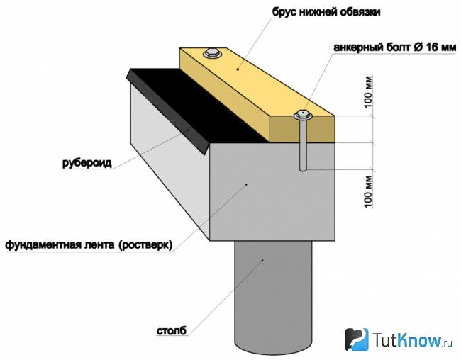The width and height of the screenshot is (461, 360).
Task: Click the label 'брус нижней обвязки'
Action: coord(326,12)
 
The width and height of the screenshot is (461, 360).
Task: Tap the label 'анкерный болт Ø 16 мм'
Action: coord(394,47)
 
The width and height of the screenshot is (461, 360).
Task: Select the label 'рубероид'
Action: coord(87,163)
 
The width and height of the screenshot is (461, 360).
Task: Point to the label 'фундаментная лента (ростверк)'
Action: coord(89,245)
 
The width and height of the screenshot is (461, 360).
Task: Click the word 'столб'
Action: coord(172,331)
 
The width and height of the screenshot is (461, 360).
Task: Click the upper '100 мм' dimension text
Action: coord(368,91)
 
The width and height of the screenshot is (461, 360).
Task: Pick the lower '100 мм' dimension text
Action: coord(368,191)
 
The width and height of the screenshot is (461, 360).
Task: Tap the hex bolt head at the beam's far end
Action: coord(213,53)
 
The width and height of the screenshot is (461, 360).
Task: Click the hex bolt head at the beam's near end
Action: coord(303,115)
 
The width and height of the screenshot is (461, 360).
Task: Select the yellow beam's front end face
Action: coord(302,129)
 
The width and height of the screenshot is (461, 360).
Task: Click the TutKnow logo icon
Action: coord(357,339)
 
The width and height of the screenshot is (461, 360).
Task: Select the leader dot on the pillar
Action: coord(263,260)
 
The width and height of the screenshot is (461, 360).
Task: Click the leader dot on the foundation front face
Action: coord(246,184)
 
